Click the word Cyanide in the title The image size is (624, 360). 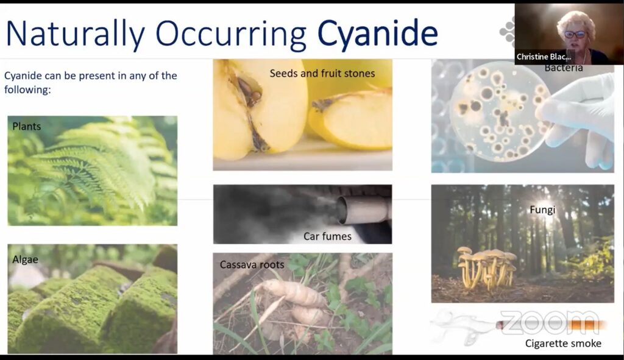pyautogui.click(x=377, y=33)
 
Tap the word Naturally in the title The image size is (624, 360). pyautogui.click(x=75, y=34)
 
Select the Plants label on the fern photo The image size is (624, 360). pyautogui.click(x=27, y=127)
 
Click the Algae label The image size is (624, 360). pyautogui.click(x=25, y=259)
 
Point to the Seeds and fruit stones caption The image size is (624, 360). pyautogui.click(x=322, y=73)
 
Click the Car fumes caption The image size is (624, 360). pyautogui.click(x=327, y=236)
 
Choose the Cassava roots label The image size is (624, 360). pyautogui.click(x=252, y=264)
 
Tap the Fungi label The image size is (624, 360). pyautogui.click(x=542, y=210)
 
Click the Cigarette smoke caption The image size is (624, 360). pyautogui.click(x=563, y=344)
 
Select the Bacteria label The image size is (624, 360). pyautogui.click(x=564, y=68)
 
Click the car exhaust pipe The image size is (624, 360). pyautogui.click(x=362, y=210)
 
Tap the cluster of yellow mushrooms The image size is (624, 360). pyautogui.click(x=487, y=267)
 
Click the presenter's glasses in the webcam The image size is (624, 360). pyautogui.click(x=575, y=35)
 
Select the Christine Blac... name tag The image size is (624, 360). pyautogui.click(x=544, y=57)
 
